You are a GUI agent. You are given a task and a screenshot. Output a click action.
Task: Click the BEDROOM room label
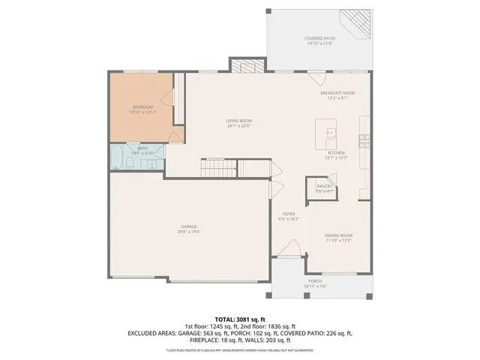tap(142, 108)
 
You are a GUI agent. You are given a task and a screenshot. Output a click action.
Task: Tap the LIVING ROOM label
tap(239, 121)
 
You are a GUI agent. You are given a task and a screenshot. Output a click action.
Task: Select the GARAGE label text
tap(188, 226)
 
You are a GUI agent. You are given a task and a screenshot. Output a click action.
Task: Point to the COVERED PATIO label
tap(319, 38)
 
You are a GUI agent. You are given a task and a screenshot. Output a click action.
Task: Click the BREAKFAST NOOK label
tap(337, 93)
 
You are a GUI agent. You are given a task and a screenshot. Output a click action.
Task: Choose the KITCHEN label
tap(334, 153)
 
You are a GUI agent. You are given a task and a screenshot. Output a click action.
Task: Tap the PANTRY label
tap(325, 186)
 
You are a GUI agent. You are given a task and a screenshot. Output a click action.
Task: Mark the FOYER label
tap(288, 214)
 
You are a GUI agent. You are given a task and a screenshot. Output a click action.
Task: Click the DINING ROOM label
tap(339, 236)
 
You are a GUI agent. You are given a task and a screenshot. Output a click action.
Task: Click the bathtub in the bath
tap(118, 158)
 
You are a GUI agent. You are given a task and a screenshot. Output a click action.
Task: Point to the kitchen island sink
tap(330, 134)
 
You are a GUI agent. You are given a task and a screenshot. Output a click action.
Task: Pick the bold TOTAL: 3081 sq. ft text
tap(239, 319)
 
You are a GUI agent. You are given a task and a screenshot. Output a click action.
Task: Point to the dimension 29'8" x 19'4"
tap(188, 231)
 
